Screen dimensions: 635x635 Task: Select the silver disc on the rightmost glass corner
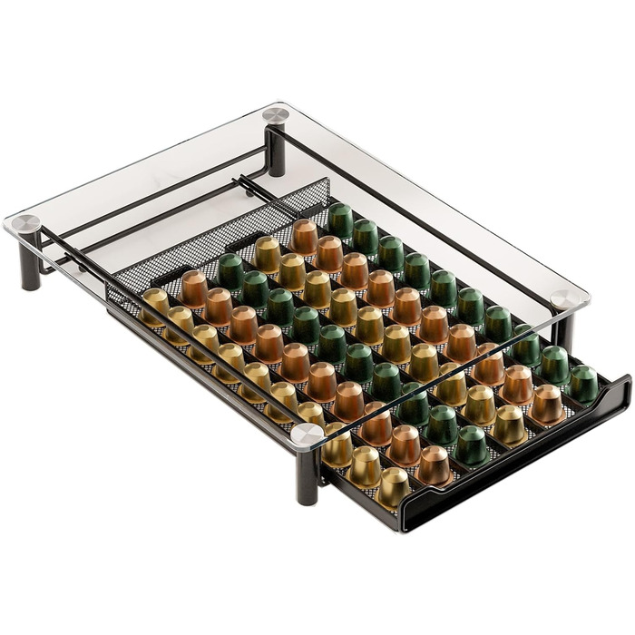[x=570, y=299]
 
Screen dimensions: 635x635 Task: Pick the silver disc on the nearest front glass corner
[x=306, y=434]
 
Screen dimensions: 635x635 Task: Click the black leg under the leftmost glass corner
[x=29, y=266]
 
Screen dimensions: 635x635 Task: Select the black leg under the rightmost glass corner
[x=564, y=333]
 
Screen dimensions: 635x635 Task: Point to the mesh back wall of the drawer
[x=218, y=238]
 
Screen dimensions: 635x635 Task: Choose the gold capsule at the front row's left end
[x=394, y=486]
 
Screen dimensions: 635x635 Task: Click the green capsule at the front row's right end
[x=583, y=384]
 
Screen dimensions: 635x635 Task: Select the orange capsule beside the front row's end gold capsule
[x=433, y=465]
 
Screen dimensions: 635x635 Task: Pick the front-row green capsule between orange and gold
[x=472, y=445]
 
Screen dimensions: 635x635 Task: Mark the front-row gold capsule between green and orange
[x=509, y=425]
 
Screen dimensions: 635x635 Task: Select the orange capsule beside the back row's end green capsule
[x=304, y=237]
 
